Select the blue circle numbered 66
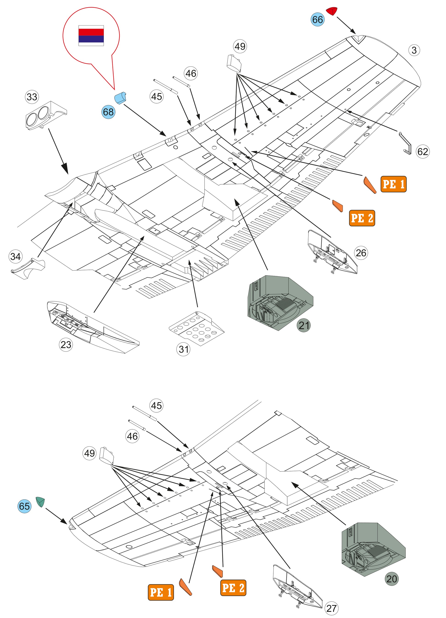coord(318,20)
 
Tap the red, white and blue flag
coord(91,35)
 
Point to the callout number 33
coord(32,97)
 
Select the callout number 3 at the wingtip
coord(414,50)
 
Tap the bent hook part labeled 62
coord(405,143)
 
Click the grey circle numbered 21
coord(304,325)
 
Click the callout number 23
coord(66,345)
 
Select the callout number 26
coord(361,253)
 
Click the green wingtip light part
coord(40,502)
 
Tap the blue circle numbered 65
coord(25,506)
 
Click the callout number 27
coord(331,608)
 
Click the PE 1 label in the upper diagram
coord(393,184)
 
